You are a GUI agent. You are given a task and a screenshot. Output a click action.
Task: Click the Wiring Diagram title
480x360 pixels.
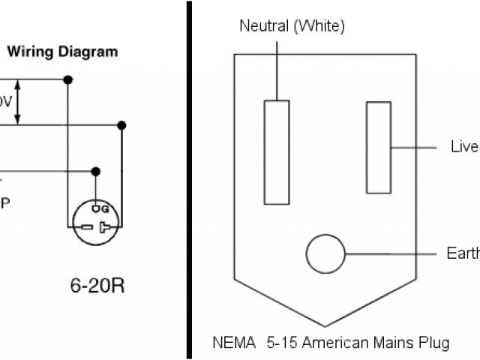[x=62, y=52]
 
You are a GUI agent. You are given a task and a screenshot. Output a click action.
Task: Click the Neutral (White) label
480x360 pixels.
[x=292, y=26]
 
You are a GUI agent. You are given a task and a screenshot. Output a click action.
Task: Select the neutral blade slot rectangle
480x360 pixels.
[x=276, y=151]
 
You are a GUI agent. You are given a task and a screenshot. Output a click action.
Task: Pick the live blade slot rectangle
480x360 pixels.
[x=378, y=147]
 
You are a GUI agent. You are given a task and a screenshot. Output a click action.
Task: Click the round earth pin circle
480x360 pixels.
[x=325, y=254]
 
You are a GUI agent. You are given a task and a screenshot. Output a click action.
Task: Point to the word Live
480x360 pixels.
[x=464, y=146]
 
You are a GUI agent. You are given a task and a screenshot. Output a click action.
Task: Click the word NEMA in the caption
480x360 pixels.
[x=230, y=343]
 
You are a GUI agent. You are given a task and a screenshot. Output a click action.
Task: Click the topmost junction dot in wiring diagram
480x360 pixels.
[x=68, y=79]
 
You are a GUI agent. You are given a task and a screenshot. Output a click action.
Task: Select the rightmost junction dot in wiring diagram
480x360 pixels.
[x=122, y=124]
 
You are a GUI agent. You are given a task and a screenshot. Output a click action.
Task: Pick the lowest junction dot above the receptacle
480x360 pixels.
[x=95, y=170]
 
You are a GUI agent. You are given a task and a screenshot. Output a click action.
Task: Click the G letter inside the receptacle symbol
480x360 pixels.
[x=105, y=208]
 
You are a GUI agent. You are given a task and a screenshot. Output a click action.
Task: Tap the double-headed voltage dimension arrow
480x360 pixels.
[x=19, y=101]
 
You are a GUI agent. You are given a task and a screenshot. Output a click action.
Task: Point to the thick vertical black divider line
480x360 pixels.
[x=187, y=180]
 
